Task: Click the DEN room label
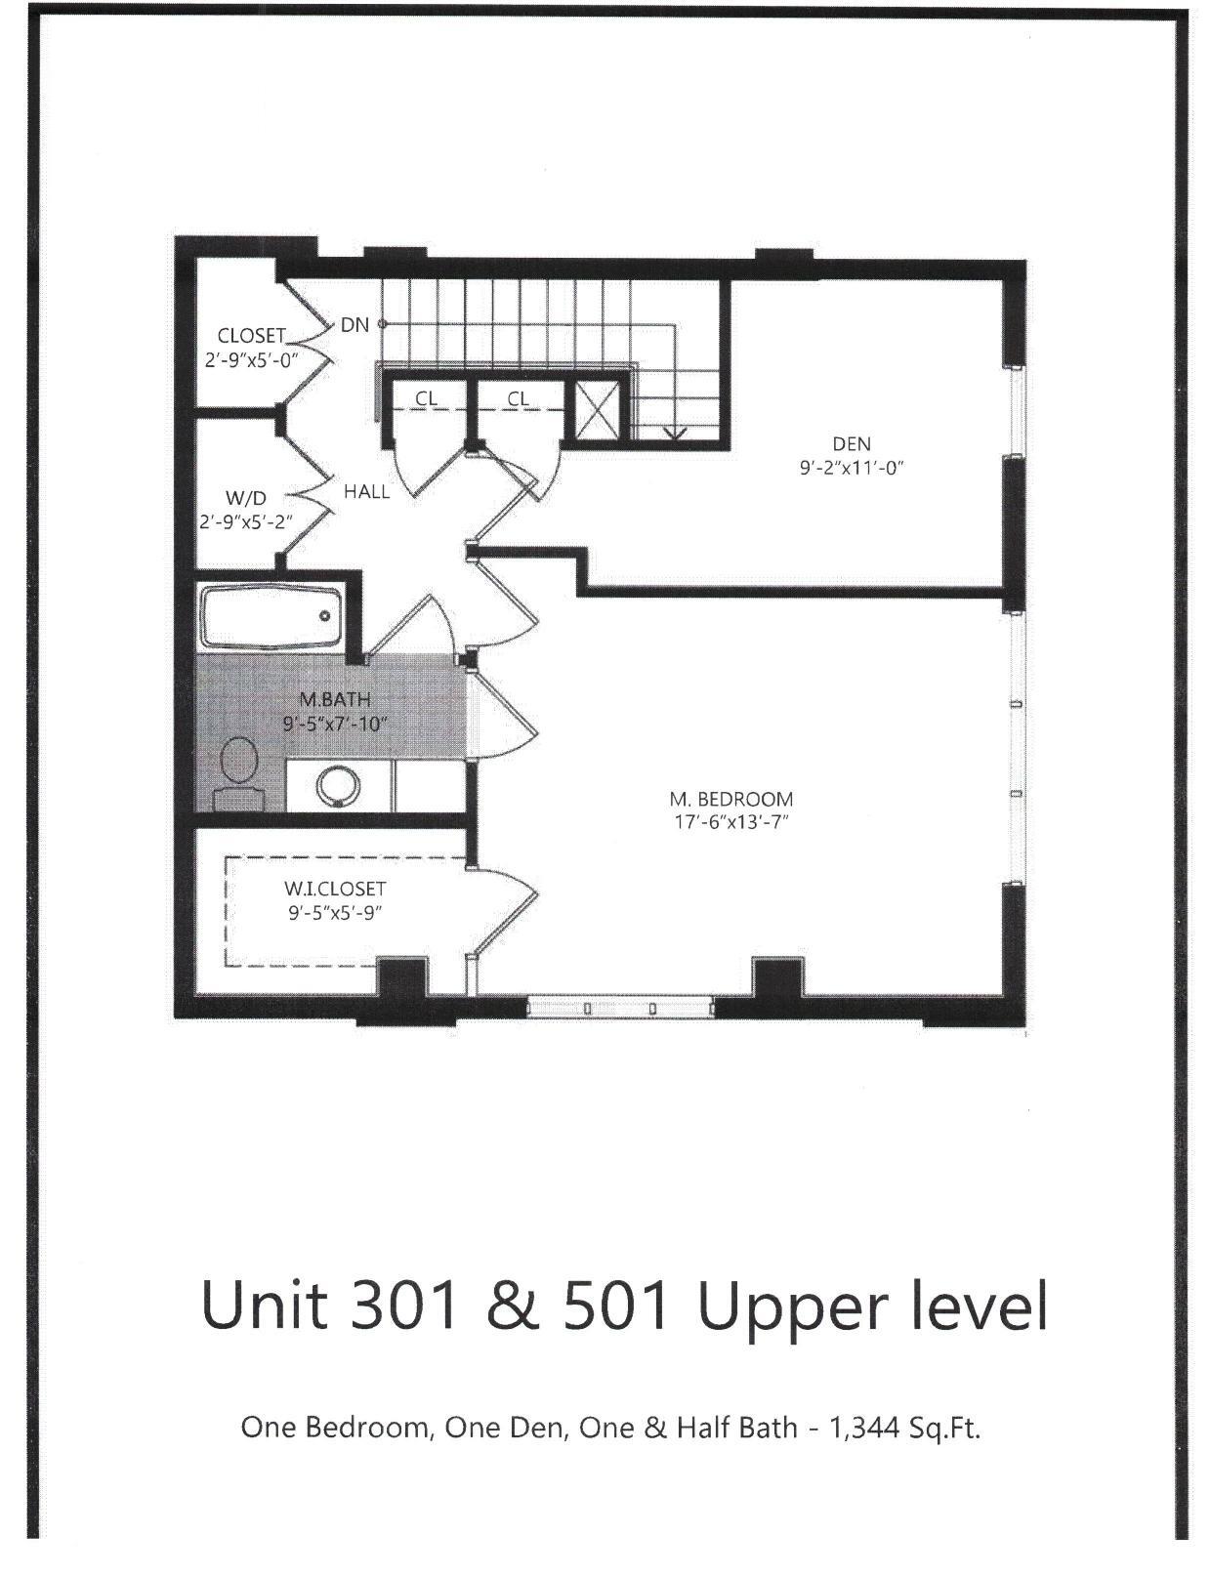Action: tap(852, 444)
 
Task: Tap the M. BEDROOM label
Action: tap(731, 799)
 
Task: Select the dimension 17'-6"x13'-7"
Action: tap(731, 821)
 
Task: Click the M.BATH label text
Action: tap(335, 700)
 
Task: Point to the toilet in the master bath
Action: tap(239, 771)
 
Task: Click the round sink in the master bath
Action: tap(338, 785)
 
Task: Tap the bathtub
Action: tap(271, 617)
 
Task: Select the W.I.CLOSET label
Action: tap(335, 890)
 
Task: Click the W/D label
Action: tap(245, 498)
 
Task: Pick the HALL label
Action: tap(366, 492)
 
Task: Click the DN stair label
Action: tap(355, 325)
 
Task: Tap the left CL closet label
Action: tap(426, 398)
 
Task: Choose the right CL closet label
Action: tap(518, 398)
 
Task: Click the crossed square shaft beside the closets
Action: tap(596, 410)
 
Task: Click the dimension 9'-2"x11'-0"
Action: tap(852, 468)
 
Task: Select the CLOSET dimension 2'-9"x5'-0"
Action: tap(250, 358)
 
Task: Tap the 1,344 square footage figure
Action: tap(862, 1428)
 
